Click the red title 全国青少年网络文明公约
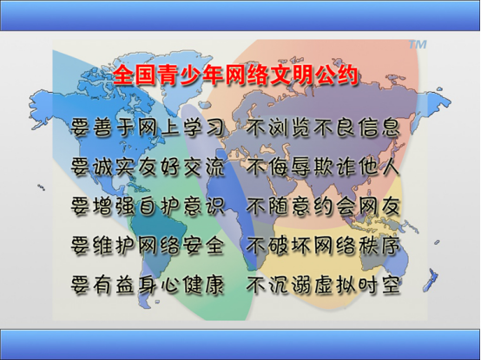coord(235,75)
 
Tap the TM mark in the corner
coord(418,45)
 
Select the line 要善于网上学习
coord(148,127)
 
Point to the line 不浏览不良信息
coord(323,127)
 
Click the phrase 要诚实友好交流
coord(148,167)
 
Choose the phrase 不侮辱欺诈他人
coord(323,167)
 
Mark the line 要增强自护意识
coord(148,206)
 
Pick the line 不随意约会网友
coord(323,206)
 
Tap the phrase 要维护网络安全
coord(148,245)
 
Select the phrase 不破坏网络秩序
coord(323,245)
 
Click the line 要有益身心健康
coord(148,285)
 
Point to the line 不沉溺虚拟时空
coord(323,285)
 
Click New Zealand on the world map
coord(431,279)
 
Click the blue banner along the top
coord(240,16)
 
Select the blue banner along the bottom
coord(240,344)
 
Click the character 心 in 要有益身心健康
coord(169,285)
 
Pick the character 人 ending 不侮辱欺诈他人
coord(391,167)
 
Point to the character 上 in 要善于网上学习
coord(169,127)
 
